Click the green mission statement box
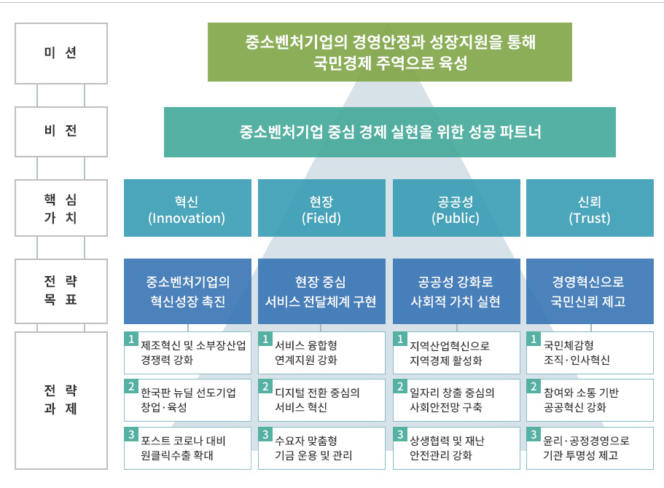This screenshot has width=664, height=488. coord(390,52)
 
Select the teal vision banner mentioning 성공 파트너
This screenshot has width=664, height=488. coord(390,132)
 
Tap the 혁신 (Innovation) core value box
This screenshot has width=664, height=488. coord(187,208)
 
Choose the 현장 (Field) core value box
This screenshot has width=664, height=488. coord(322,208)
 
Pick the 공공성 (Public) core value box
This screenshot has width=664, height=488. coord(456,208)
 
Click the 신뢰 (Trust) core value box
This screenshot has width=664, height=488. coord(590,208)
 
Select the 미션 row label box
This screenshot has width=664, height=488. coord(61,53)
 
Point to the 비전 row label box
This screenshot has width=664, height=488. coord(61,132)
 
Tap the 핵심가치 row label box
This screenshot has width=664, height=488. coord(61,208)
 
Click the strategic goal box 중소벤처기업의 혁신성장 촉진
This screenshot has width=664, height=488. coord(187,291)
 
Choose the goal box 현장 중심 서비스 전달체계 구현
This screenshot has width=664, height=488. coord(322,291)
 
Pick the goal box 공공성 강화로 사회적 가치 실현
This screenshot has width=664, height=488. coord(456,291)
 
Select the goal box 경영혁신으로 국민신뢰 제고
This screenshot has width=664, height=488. coord(590,291)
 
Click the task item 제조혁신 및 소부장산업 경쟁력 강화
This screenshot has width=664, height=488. coord(187,353)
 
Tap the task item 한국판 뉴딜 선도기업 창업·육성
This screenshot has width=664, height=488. coord(187,400)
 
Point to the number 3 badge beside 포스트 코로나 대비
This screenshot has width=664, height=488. coord(131,434)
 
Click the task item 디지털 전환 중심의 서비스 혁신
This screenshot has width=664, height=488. coord(322,400)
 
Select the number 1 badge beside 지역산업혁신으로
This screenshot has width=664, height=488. coord(400,339)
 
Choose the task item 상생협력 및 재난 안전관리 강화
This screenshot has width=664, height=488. coord(456,448)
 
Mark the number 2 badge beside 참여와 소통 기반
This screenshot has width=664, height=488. coord(534,387)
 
